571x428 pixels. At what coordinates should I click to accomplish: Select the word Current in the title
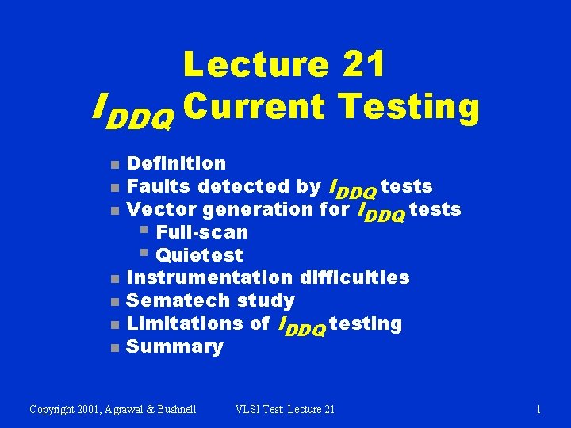point(257,109)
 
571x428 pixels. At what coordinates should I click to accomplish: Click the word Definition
point(176,163)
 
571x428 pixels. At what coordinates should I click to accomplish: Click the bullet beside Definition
point(114,165)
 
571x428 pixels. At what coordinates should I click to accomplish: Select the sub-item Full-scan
point(201,232)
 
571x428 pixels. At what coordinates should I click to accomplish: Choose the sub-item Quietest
point(199,255)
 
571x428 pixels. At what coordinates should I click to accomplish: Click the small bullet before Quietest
point(144,254)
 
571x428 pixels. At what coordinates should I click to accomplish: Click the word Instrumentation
point(210,277)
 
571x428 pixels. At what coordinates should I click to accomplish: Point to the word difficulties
point(355,277)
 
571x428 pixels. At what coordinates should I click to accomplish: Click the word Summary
point(174,346)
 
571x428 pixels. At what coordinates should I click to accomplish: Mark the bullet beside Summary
point(114,348)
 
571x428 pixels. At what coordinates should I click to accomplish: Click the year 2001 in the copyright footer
point(94,409)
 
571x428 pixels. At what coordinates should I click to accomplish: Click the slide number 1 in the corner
point(538,409)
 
